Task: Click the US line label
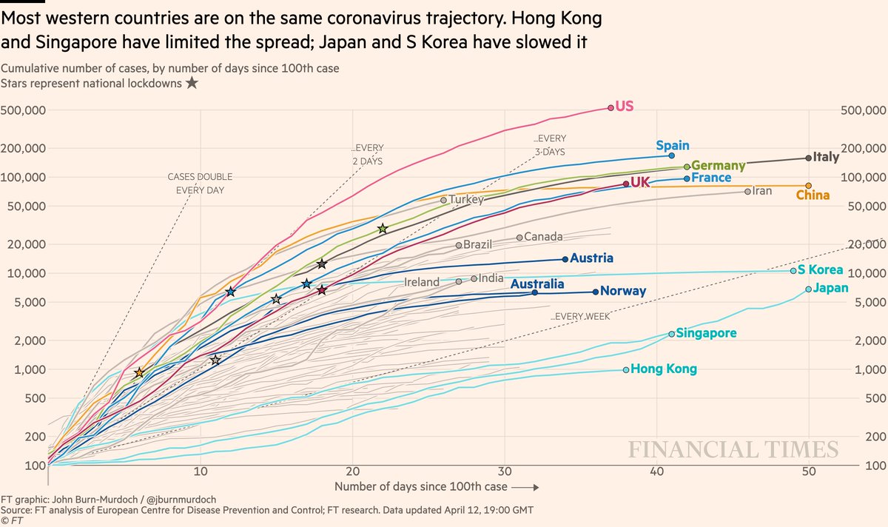pyautogui.click(x=625, y=107)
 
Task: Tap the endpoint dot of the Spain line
pyautogui.click(x=671, y=155)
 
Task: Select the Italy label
pyautogui.click(x=826, y=157)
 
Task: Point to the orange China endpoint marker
pyautogui.click(x=808, y=186)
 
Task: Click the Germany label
pyautogui.click(x=718, y=166)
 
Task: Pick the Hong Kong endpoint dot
pyautogui.click(x=626, y=369)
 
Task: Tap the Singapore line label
pyautogui.click(x=707, y=333)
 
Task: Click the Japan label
pyautogui.click(x=831, y=288)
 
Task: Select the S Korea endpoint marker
pyautogui.click(x=793, y=271)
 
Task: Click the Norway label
pyautogui.click(x=623, y=292)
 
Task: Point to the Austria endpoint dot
pyautogui.click(x=565, y=259)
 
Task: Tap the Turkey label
pyautogui.click(x=466, y=200)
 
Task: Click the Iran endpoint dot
pyautogui.click(x=747, y=191)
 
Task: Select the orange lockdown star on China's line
pyautogui.click(x=139, y=372)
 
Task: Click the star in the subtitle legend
pyautogui.click(x=191, y=83)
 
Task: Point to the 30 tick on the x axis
pyautogui.click(x=505, y=471)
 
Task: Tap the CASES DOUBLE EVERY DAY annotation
pyautogui.click(x=195, y=184)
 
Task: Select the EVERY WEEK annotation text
pyautogui.click(x=582, y=317)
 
